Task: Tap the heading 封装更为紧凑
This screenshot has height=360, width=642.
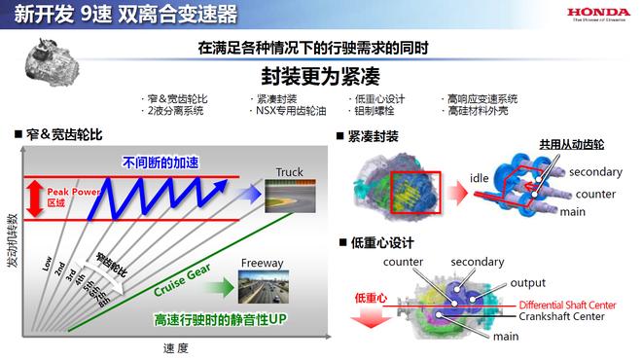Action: click(x=320, y=76)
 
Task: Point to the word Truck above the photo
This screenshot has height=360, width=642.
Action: click(x=289, y=172)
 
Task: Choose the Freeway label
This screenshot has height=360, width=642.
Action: click(x=256, y=262)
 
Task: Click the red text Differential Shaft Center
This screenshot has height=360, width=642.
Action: click(x=563, y=305)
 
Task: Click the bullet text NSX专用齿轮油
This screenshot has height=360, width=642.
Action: click(x=285, y=112)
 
